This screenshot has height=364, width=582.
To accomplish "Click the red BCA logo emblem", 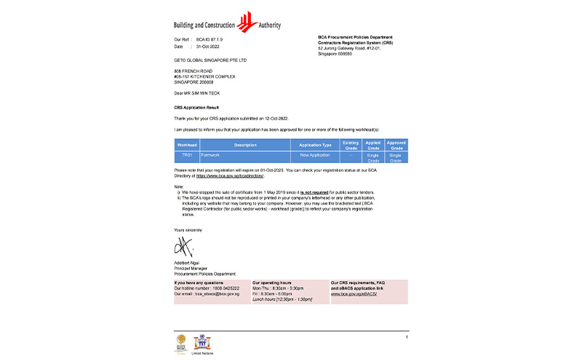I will click(249, 20).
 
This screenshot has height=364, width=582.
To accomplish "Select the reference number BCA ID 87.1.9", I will click(211, 39).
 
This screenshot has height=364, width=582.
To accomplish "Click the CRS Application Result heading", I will click(196, 107).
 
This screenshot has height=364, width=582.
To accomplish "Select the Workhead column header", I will click(187, 145).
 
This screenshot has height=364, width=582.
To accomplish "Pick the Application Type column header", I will click(315, 145).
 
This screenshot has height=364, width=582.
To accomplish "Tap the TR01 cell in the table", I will click(187, 155).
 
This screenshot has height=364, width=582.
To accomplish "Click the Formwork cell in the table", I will click(213, 155).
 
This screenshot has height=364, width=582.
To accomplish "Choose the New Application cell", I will click(315, 155).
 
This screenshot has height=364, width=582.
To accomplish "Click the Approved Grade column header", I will click(396, 145).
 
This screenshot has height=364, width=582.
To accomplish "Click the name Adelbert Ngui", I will click(187, 264).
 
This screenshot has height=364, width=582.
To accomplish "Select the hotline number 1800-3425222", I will click(221, 289).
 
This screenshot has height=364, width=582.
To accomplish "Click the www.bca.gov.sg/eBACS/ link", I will click(354, 294).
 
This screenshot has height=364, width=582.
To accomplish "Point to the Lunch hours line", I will click(282, 299).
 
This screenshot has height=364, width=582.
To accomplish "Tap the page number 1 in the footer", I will click(406, 337).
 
